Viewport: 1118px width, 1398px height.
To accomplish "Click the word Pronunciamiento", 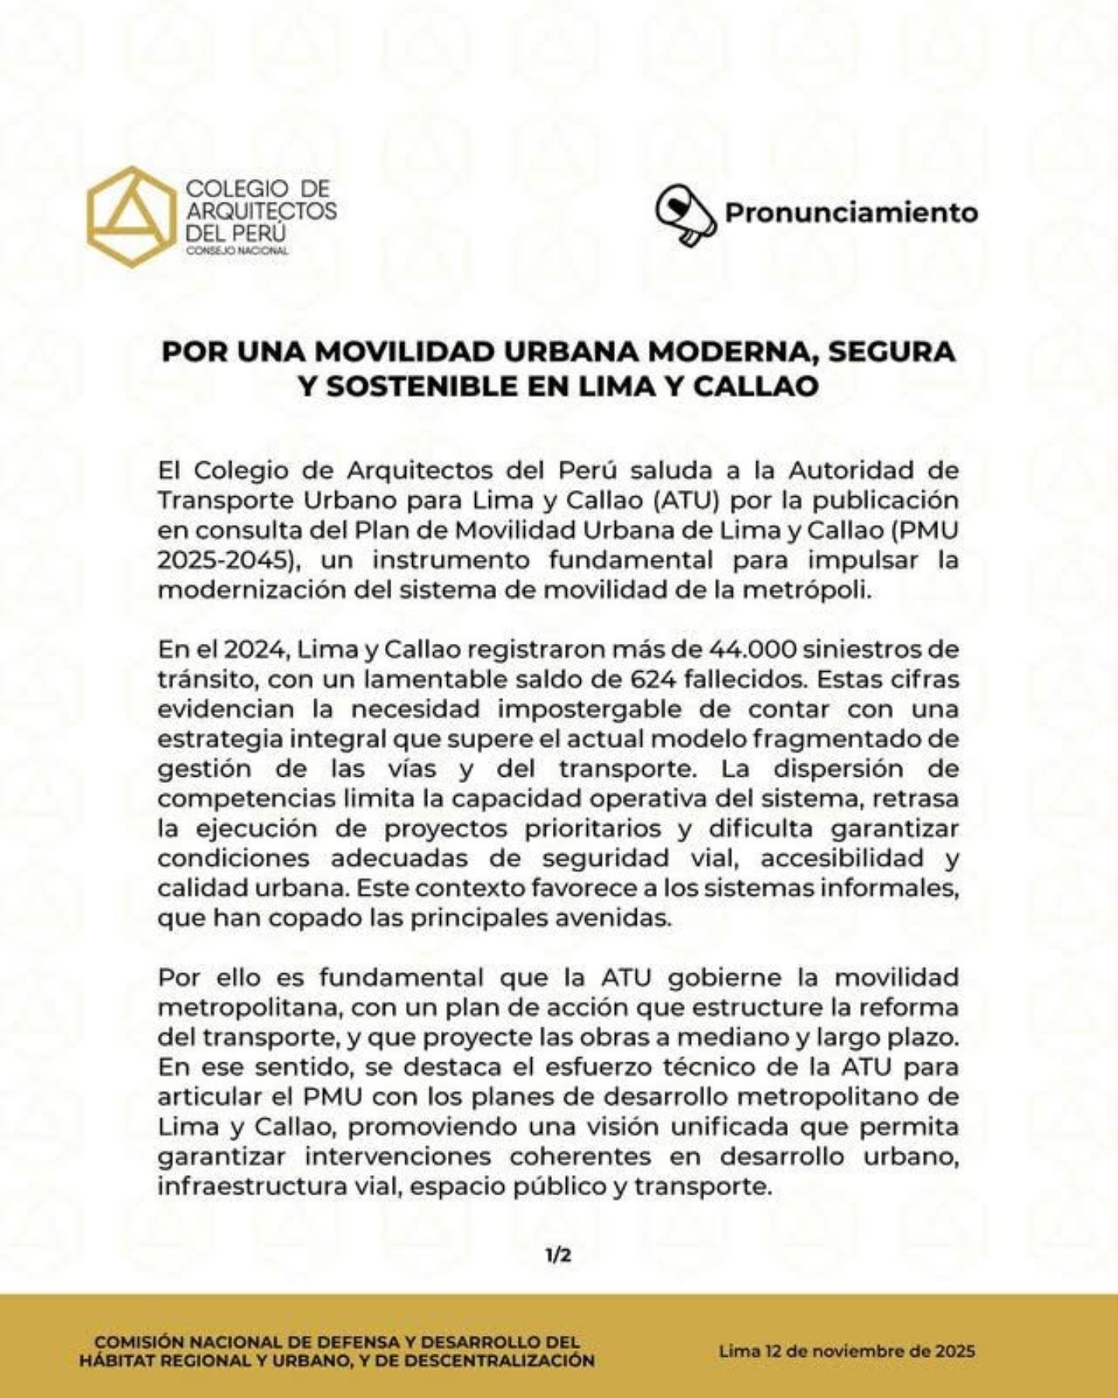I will point(851,212).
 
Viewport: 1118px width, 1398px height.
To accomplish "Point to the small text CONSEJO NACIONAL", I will point(238,250).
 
